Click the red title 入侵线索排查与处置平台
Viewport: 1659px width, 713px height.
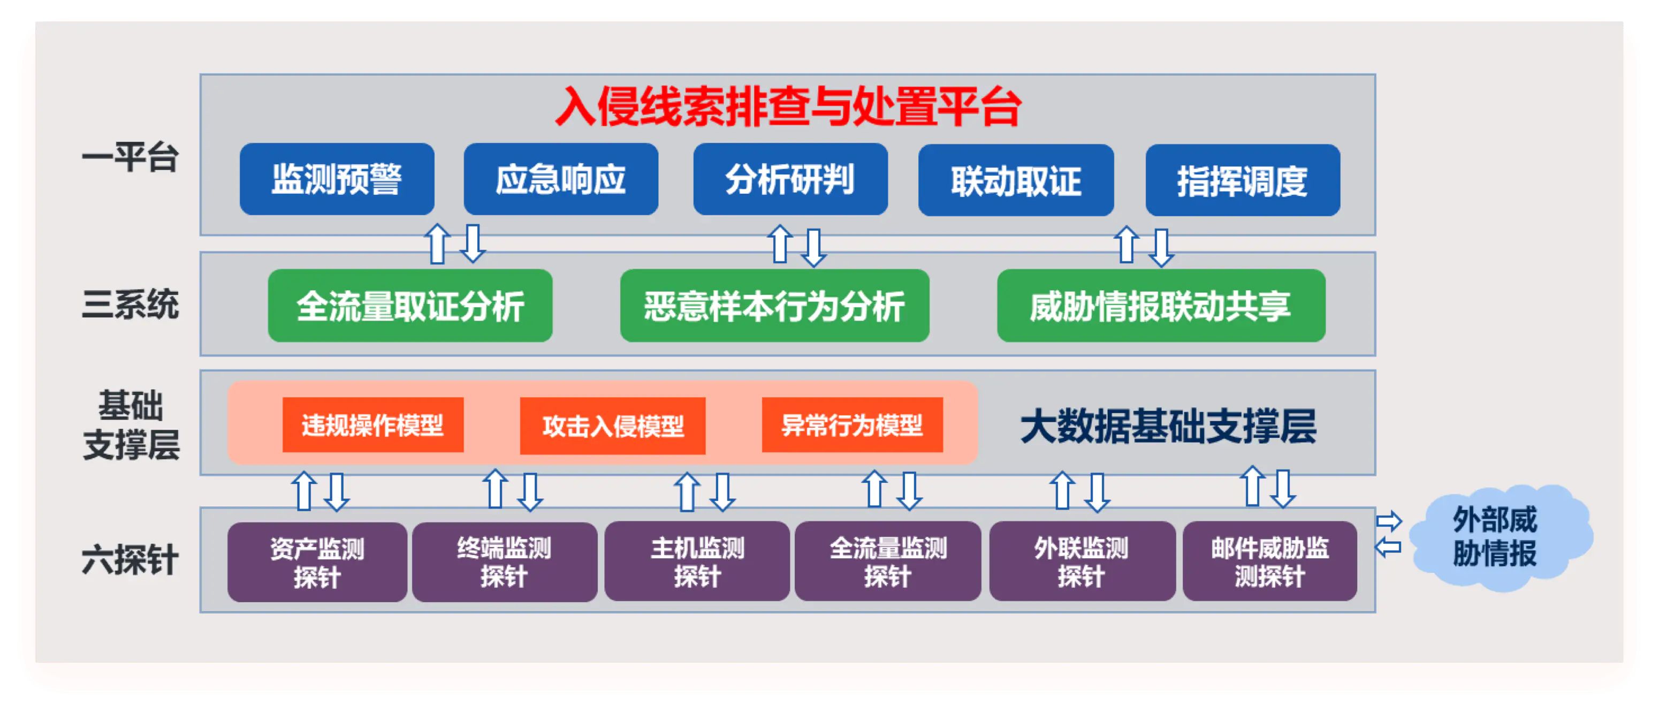tap(788, 107)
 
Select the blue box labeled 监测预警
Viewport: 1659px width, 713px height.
tap(337, 179)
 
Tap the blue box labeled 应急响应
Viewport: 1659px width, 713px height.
tap(561, 179)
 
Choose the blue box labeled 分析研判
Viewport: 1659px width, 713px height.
tap(790, 179)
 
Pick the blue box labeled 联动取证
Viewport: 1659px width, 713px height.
tap(1016, 180)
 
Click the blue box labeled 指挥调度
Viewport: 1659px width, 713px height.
tap(1243, 180)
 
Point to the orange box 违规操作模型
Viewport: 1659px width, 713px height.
tap(373, 425)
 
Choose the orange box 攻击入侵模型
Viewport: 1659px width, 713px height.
tap(612, 426)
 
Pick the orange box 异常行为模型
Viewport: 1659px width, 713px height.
tap(852, 425)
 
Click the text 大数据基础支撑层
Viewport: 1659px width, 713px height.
tap(1168, 427)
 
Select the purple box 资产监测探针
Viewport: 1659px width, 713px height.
tap(317, 562)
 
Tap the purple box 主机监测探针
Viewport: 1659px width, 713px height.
tap(697, 562)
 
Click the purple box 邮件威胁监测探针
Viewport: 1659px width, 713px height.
tap(1269, 562)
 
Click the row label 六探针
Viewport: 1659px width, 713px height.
tap(130, 559)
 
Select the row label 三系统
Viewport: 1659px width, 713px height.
tap(130, 304)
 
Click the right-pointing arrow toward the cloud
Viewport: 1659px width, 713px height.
tap(1389, 520)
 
